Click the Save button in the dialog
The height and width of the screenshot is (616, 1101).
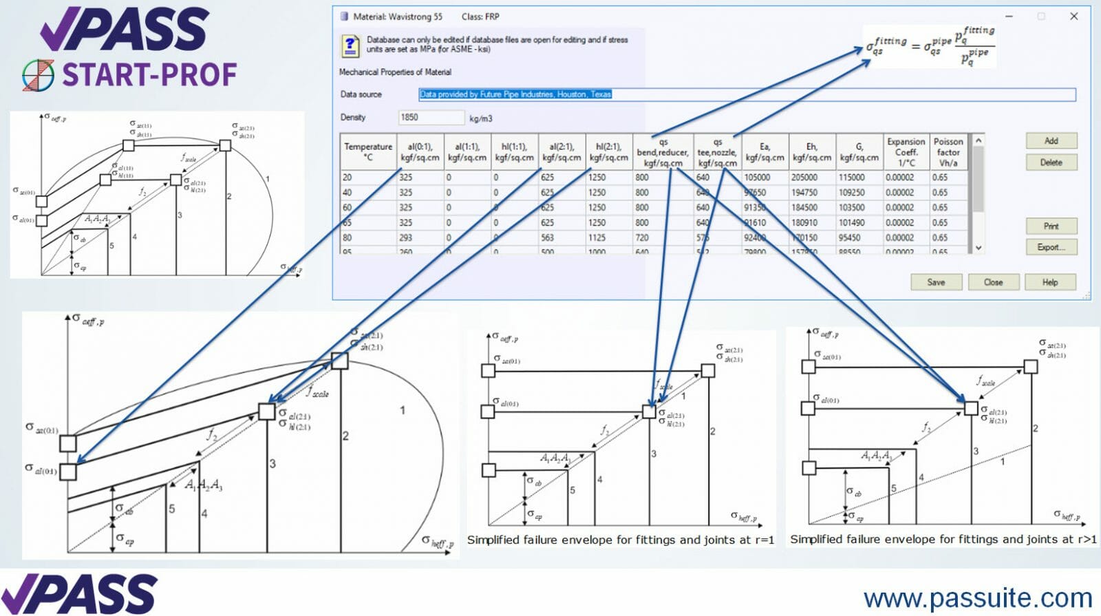tap(935, 282)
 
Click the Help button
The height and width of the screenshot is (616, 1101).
tap(1049, 282)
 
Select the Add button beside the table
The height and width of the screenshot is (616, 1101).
tap(1051, 141)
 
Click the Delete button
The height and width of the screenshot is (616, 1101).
tap(1051, 162)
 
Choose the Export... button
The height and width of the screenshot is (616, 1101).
tap(1051, 247)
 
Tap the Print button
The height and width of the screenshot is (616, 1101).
tap(1051, 226)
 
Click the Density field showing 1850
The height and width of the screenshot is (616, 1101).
tap(431, 118)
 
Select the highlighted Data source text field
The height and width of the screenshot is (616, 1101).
tap(746, 94)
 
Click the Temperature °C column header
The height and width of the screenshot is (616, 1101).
tap(368, 151)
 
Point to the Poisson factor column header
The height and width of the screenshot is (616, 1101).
tap(948, 151)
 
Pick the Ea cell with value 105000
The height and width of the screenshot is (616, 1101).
tap(757, 178)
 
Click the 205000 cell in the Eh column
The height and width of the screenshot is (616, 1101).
tap(804, 178)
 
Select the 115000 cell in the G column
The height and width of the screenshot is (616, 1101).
tap(852, 178)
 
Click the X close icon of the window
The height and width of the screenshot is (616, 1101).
tap(1073, 16)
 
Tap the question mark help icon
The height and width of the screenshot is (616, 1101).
tap(350, 46)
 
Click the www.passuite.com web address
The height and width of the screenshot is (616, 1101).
tap(977, 597)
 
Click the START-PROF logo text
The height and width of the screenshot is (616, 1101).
tap(149, 74)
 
